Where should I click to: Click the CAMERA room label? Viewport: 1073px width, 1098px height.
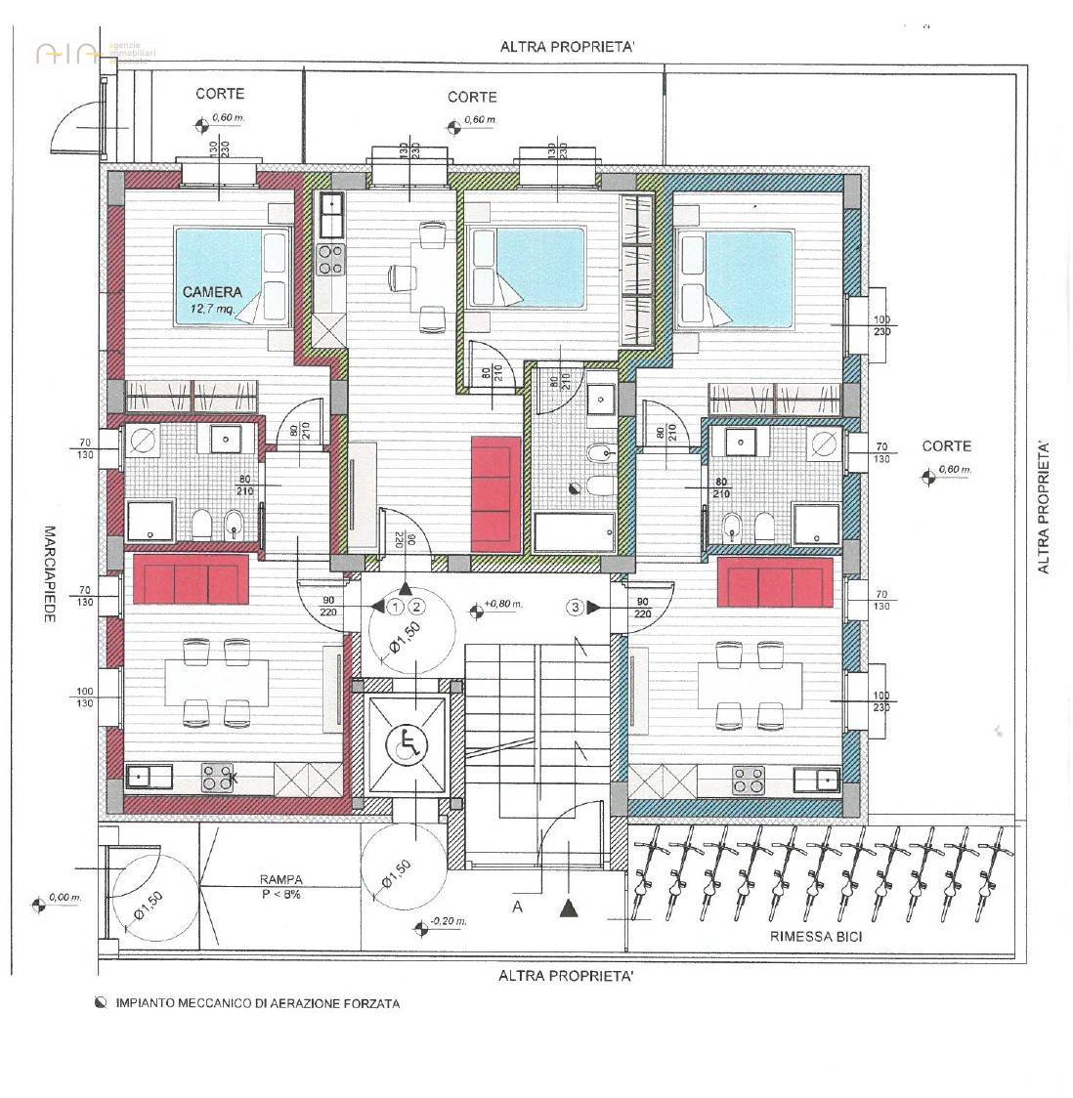pyautogui.click(x=211, y=291)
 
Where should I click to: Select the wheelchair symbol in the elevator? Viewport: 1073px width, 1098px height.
pyautogui.click(x=408, y=745)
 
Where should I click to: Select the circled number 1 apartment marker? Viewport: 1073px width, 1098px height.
pyautogui.click(x=395, y=607)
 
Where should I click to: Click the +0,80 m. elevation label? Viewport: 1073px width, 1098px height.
pyautogui.click(x=503, y=605)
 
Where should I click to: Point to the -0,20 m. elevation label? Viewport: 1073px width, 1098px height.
pyautogui.click(x=448, y=921)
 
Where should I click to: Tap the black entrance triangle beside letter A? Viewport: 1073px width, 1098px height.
pyautogui.click(x=568, y=908)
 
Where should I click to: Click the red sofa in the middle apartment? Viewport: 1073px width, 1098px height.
pyautogui.click(x=496, y=493)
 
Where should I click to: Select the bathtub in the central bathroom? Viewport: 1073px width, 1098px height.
pyautogui.click(x=575, y=533)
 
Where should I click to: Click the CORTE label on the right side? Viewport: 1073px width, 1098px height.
pyautogui.click(x=946, y=445)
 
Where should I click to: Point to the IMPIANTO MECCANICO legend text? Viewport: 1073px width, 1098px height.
pyautogui.click(x=257, y=1003)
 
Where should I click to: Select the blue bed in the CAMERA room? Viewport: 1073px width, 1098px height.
pyautogui.click(x=233, y=274)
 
